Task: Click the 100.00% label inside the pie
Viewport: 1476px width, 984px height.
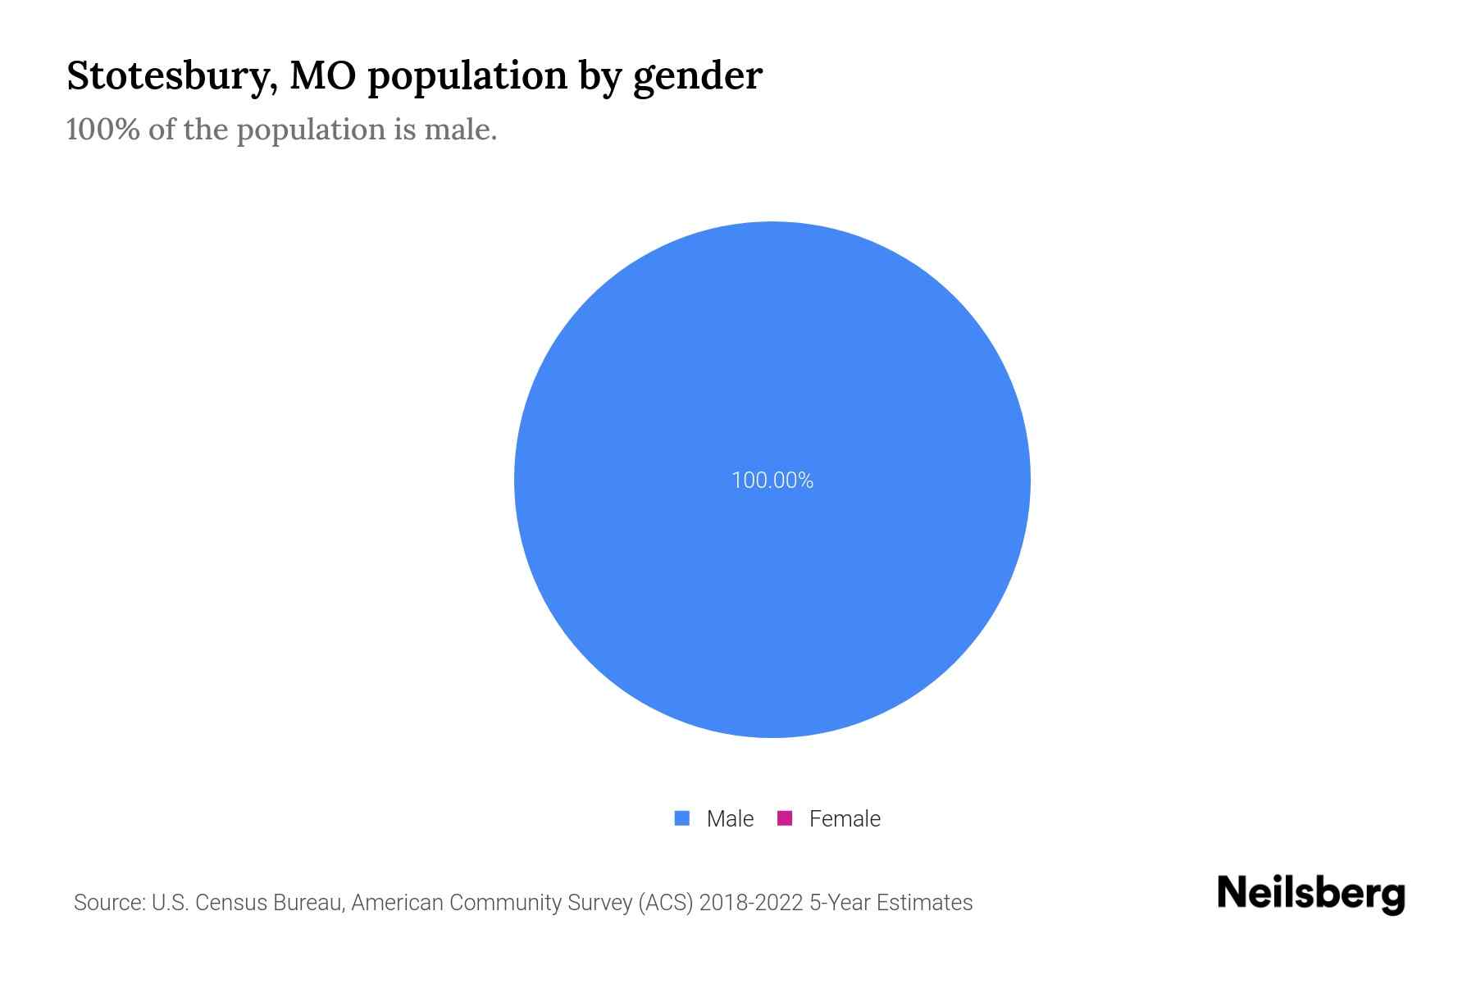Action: (x=772, y=481)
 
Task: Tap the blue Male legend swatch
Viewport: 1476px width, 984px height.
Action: (x=681, y=818)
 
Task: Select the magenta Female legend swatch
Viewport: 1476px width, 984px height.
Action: (x=785, y=818)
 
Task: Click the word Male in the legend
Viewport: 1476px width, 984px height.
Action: (x=730, y=819)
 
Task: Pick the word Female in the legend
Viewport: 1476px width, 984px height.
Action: (x=845, y=819)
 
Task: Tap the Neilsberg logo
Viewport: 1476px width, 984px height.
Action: (x=1310, y=894)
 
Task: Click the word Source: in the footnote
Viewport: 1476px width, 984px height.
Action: (x=109, y=903)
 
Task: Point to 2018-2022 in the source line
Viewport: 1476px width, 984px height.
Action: (x=751, y=903)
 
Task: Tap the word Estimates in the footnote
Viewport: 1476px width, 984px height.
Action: (x=924, y=903)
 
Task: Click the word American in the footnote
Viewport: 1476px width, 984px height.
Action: (x=397, y=903)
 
